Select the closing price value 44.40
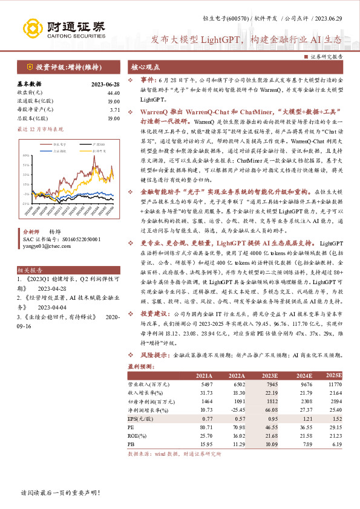(113, 92)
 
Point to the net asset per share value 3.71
(115, 110)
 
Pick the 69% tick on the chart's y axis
(25, 156)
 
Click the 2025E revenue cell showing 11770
(334, 384)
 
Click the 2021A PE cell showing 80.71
(206, 427)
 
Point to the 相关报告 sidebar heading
(28, 254)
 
